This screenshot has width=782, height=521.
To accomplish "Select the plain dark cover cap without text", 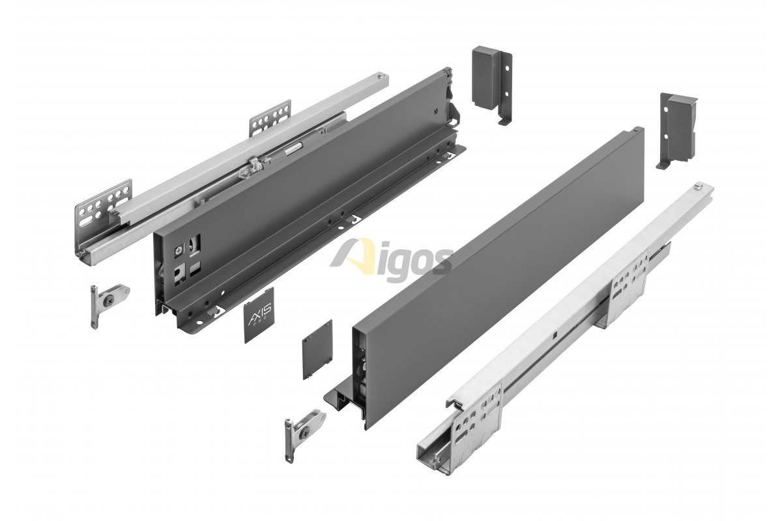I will [317, 348].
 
